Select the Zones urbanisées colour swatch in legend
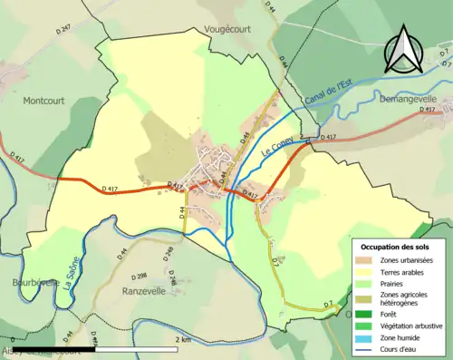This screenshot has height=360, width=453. (366, 260)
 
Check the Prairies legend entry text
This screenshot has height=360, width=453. (398, 283)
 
